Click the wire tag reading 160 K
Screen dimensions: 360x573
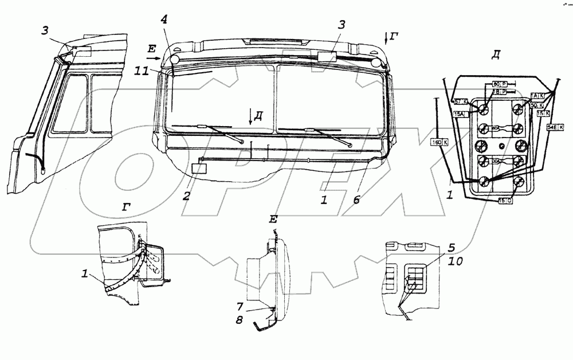pos(439,142)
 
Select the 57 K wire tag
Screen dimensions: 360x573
pos(460,101)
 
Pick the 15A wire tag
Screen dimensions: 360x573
pos(458,114)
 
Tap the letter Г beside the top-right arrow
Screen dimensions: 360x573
pos(394,37)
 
